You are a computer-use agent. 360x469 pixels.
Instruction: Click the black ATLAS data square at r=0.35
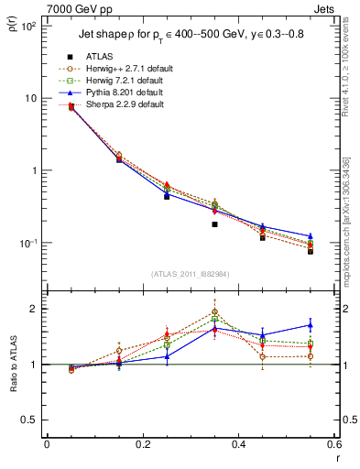coord(214,224)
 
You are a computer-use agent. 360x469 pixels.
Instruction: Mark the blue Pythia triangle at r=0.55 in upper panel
coord(311,236)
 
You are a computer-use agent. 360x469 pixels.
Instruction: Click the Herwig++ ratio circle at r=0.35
coord(214,311)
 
